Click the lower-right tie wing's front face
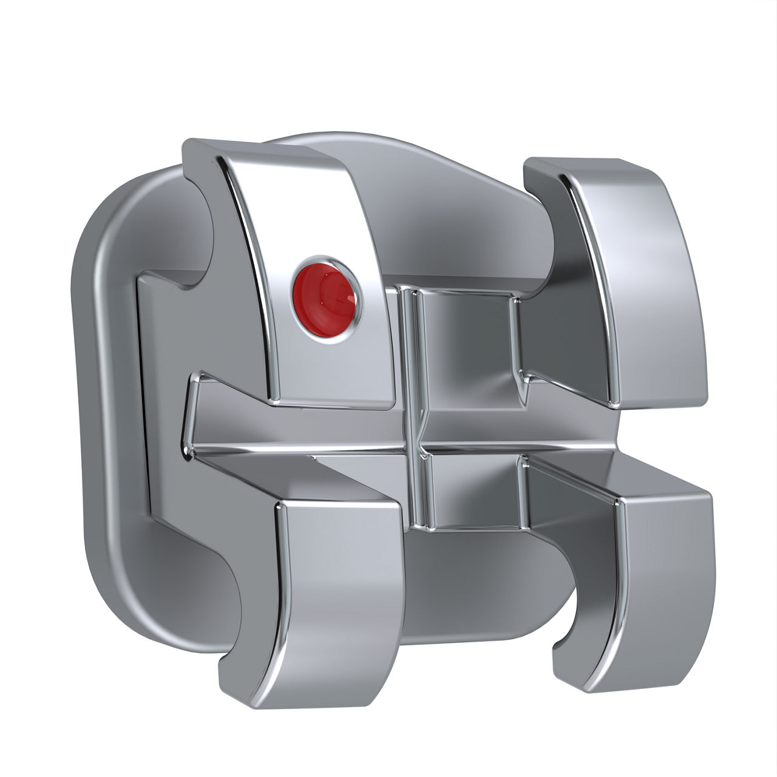pyautogui.click(x=665, y=583)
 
